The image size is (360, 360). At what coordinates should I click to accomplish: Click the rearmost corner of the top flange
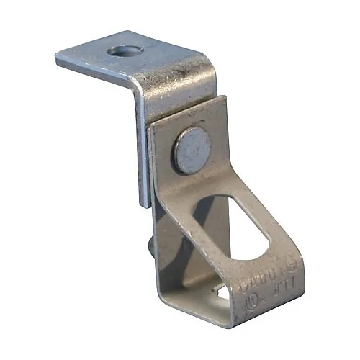click(133, 32)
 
